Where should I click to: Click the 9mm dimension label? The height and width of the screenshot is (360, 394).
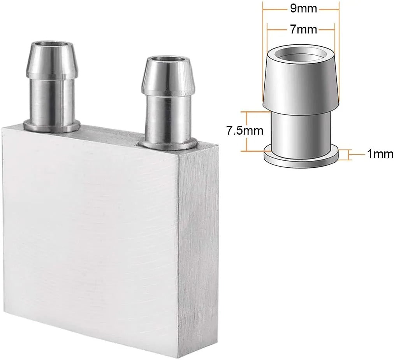click(304, 9)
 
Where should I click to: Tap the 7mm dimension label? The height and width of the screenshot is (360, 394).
click(304, 29)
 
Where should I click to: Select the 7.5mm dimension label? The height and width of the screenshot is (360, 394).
click(244, 131)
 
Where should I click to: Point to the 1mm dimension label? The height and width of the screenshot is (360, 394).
click(380, 154)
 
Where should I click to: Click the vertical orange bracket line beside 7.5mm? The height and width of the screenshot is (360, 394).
click(246, 131)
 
